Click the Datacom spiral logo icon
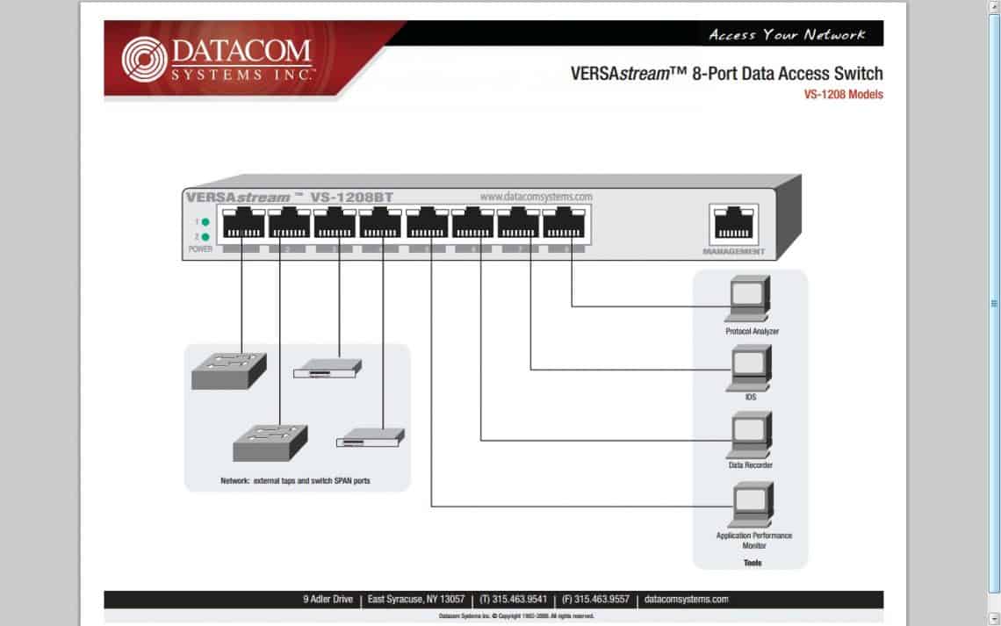pos(144,59)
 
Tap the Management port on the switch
pos(733,224)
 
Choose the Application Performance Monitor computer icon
pos(750,504)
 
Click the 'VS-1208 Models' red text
pos(843,95)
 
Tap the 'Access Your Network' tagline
pos(787,34)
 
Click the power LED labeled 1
pos(205,222)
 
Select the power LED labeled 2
pos(205,237)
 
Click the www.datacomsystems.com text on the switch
pos(536,197)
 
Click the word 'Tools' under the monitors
pos(752,563)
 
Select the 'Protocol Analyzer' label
pos(752,332)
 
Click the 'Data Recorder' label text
pos(751,465)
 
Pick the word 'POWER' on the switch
pos(200,249)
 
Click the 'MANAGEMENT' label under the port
pos(733,252)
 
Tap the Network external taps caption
pos(295,481)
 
